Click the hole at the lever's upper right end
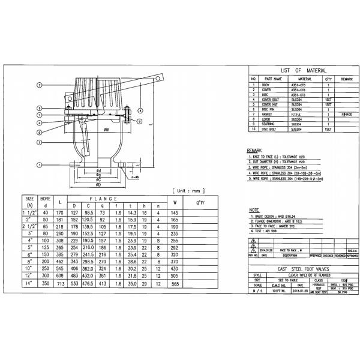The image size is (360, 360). point(159,77)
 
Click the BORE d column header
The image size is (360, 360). point(44,201)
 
